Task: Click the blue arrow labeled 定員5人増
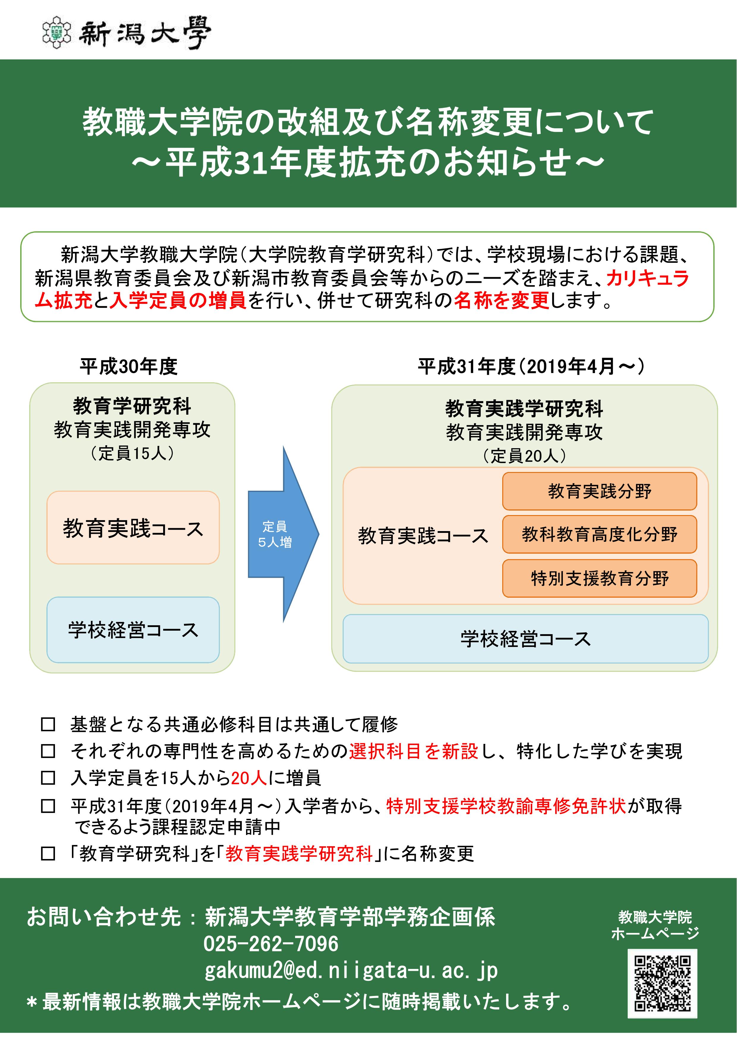tap(283, 534)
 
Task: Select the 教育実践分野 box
tap(599, 491)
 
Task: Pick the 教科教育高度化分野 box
tap(599, 534)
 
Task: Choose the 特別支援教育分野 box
tap(599, 578)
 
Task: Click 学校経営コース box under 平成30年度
tap(133, 630)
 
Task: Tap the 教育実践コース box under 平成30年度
tap(133, 527)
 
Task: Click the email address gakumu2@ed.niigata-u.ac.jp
tap(351, 971)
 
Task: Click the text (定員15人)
tap(132, 453)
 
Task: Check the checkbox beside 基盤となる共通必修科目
tap(48, 724)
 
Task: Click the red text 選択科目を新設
tap(414, 751)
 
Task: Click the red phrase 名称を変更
tap(502, 300)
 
